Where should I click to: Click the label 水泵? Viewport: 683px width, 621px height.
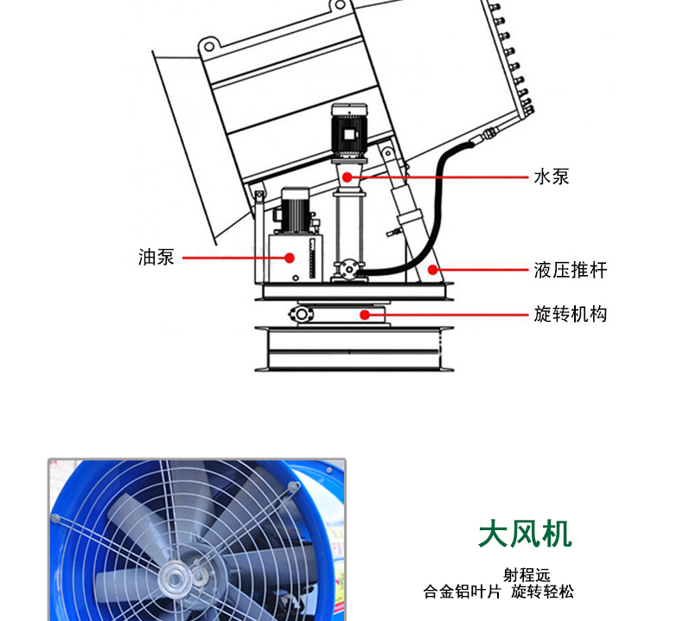551,177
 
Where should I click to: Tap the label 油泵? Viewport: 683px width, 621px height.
156,257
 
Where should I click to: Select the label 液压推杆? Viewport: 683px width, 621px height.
570,270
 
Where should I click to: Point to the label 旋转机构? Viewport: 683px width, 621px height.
570,313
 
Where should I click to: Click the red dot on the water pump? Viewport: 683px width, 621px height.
348,176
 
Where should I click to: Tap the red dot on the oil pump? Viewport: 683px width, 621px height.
290,257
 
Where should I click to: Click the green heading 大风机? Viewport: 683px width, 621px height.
525,534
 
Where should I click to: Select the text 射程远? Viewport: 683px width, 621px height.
526,574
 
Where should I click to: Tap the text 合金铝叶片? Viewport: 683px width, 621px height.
462,592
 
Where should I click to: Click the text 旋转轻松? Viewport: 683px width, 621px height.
542,592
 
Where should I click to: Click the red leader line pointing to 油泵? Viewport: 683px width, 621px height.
233,257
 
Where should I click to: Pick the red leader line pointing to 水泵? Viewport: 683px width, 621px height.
441,176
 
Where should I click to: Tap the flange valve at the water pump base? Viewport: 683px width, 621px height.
348,270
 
